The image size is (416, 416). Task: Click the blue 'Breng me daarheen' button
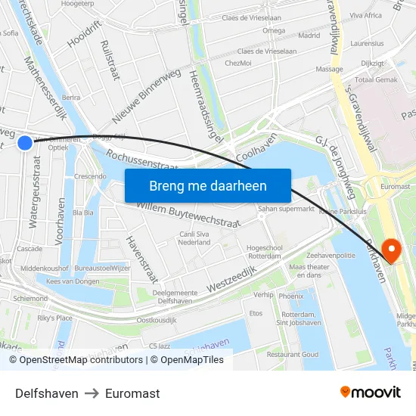pos(208,185)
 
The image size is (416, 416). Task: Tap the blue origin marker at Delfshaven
pos(25,142)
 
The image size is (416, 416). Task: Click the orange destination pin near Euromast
pos(392,250)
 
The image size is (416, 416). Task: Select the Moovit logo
pos(370,393)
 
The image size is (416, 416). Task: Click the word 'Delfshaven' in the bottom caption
pos(47,393)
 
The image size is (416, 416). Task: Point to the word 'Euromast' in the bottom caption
pos(132,393)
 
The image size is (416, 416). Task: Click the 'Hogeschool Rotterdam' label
pos(264,252)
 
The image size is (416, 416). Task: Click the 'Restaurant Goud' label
pos(292,354)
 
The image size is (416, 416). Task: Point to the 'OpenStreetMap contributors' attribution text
pos(81,360)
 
